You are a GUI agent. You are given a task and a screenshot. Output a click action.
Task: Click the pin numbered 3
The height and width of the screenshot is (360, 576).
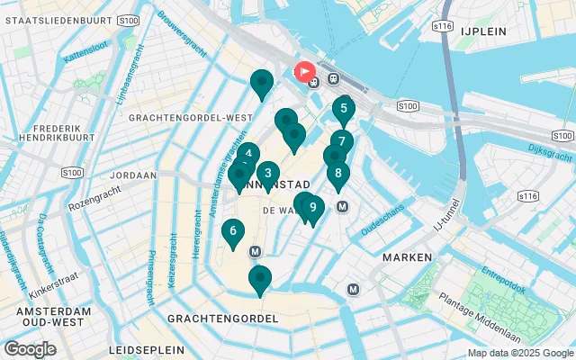coord(267,174)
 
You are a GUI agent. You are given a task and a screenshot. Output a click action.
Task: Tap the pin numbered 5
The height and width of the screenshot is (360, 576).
coord(343,109)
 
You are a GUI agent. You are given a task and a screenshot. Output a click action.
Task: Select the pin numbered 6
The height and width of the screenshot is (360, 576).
coord(232,232)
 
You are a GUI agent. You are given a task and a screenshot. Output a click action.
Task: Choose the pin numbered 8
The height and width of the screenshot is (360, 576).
coord(337,174)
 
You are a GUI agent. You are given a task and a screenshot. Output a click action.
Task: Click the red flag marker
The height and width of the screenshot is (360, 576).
coord(304,71)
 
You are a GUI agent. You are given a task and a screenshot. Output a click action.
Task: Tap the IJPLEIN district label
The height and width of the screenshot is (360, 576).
coord(483,31)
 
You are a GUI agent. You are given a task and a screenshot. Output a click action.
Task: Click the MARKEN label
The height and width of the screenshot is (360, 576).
coord(407,257)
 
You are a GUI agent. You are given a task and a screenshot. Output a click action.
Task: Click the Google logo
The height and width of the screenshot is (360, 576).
coord(30,349)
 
